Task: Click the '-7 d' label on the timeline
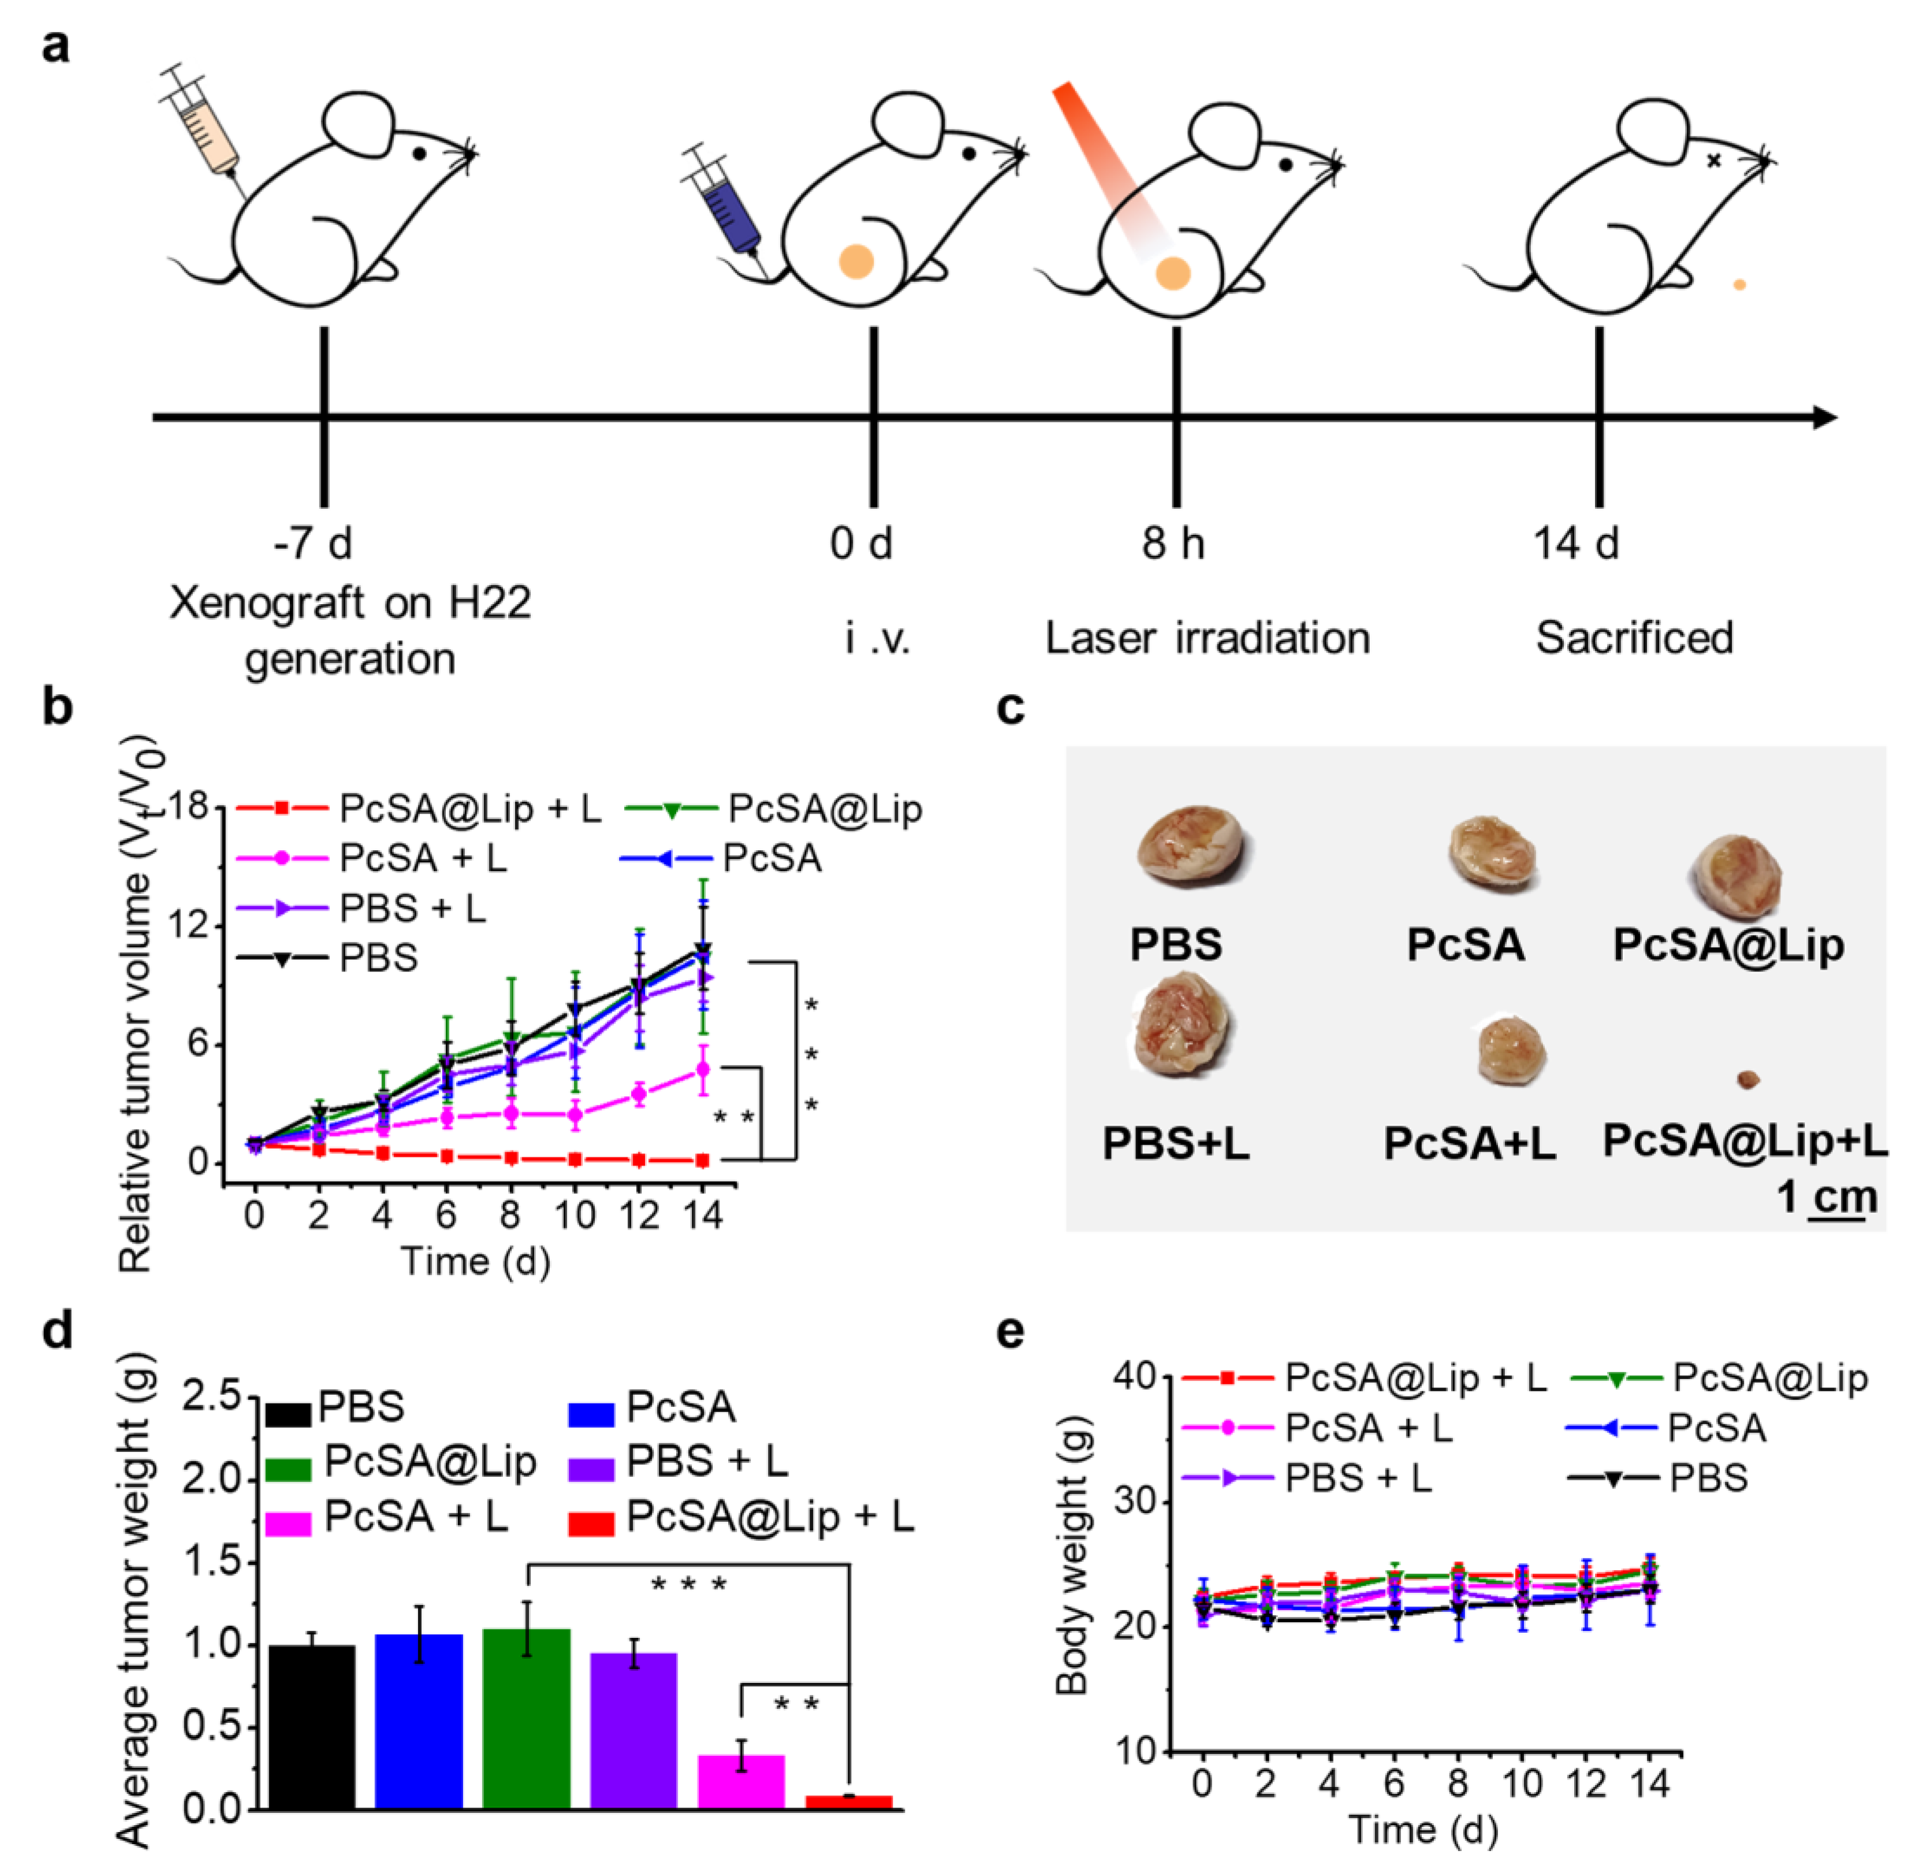point(313,543)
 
